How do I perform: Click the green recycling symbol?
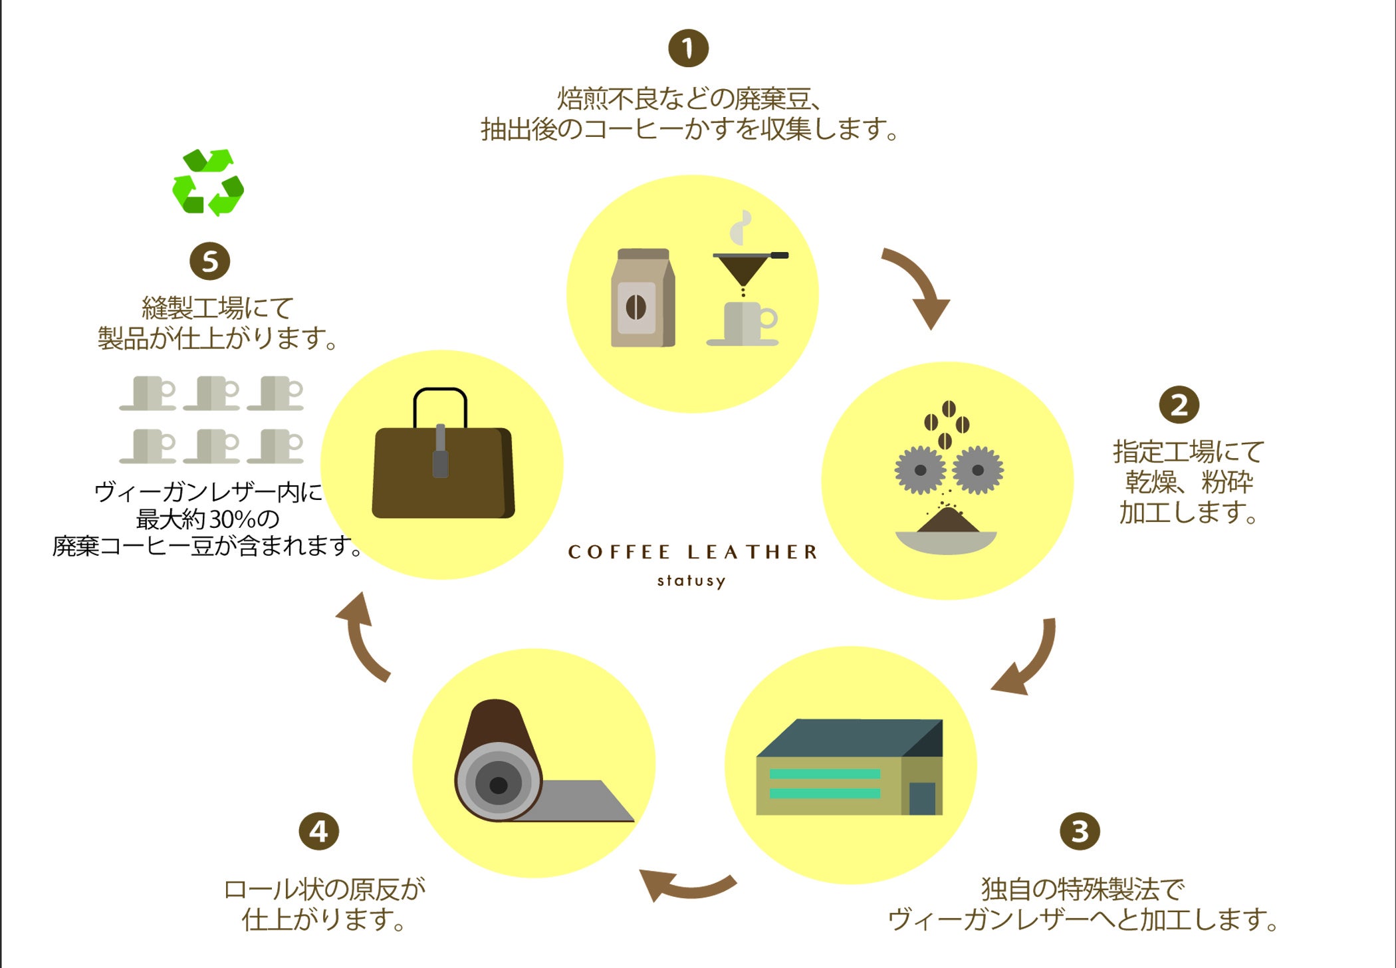pos(208,182)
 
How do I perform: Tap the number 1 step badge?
pos(688,48)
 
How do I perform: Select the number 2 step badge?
pos(1179,404)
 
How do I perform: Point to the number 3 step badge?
pos(1079,830)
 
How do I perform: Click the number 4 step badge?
pos(318,831)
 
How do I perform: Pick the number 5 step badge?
pos(209,261)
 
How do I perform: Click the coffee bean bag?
pos(642,298)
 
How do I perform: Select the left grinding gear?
pos(920,470)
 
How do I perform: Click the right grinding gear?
pos(977,470)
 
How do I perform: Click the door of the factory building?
pos(922,798)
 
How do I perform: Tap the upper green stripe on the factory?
pos(824,773)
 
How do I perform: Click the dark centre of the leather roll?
pos(499,785)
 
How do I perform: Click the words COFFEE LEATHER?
pos(692,552)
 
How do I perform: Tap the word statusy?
pos(691,581)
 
